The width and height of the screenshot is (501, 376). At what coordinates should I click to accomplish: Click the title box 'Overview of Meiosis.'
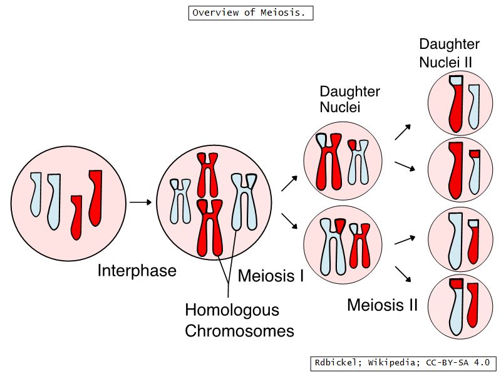tap(250, 13)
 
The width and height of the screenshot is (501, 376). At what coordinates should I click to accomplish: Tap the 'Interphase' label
tap(137, 271)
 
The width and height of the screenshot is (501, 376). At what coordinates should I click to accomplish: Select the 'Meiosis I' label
tap(271, 276)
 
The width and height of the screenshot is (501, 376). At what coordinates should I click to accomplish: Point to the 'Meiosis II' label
tap(382, 305)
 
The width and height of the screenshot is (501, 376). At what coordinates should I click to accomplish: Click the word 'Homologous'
tap(232, 310)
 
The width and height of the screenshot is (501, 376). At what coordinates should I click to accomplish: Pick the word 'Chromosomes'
tap(239, 330)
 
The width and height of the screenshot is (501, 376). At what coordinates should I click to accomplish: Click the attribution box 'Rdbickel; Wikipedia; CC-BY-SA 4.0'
tap(403, 363)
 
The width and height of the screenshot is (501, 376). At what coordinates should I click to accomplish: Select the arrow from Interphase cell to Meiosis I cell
tap(141, 202)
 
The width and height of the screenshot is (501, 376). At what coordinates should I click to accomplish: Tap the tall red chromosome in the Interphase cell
tap(95, 197)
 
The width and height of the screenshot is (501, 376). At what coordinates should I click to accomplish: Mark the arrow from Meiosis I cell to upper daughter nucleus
tap(289, 183)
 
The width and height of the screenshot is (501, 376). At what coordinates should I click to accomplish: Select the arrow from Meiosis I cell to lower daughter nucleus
tap(289, 221)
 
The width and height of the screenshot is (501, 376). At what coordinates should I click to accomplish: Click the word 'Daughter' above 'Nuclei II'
tap(449, 44)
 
